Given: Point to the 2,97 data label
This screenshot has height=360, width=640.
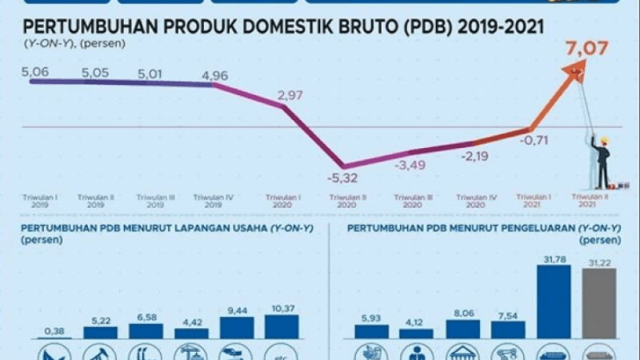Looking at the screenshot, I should coord(290,96).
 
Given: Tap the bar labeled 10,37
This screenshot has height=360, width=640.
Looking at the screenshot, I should coord(282,326).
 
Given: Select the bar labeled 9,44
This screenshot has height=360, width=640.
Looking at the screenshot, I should coord(237,328).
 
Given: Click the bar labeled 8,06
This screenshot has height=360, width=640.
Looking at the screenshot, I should coord(462,329).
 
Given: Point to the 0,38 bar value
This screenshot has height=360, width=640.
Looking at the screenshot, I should coord(54,330).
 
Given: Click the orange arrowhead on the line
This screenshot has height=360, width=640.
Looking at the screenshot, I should coord(574,74).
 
